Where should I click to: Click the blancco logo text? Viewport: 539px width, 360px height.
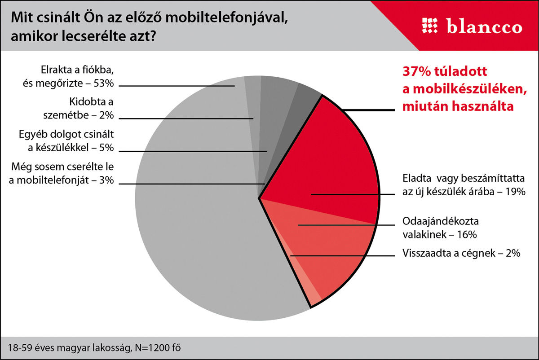click(485, 26)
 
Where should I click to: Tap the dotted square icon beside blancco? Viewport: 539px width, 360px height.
click(430, 26)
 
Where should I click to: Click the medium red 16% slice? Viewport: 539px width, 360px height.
click(332, 251)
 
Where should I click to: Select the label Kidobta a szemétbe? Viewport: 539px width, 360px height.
click(92, 108)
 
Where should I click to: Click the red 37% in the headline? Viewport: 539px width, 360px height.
click(412, 72)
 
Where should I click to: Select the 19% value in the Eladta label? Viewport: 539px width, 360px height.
click(514, 192)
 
